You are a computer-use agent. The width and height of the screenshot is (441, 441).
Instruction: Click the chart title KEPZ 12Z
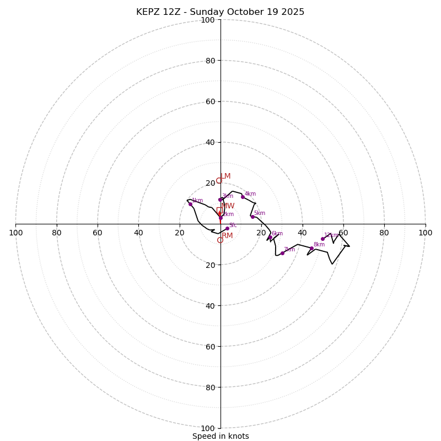tap(220, 12)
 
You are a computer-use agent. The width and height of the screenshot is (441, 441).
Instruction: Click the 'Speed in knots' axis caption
tap(220, 436)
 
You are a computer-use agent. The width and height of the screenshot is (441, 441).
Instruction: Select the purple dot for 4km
tap(243, 197)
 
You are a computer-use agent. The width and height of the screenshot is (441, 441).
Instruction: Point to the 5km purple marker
tap(252, 217)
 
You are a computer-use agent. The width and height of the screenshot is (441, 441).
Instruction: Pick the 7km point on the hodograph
tap(282, 253)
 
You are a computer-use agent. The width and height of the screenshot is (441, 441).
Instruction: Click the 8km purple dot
tap(311, 248)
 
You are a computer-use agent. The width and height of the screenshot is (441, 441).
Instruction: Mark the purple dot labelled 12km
tap(322, 239)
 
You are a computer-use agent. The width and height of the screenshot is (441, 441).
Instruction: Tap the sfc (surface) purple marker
tap(227, 228)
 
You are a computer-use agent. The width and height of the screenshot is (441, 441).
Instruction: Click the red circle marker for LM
tap(219, 180)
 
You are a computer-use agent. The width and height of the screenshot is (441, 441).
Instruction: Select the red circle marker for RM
tap(220, 240)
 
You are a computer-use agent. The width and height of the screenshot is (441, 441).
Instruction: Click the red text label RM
tap(227, 236)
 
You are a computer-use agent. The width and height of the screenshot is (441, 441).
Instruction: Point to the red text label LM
tap(225, 176)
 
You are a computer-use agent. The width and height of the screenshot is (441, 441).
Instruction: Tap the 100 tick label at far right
tap(426, 233)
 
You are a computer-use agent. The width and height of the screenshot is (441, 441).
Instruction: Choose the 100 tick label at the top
tap(208, 20)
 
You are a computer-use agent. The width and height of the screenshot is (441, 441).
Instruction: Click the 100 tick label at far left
tap(15, 233)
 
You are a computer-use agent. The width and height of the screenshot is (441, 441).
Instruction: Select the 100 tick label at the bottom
tap(208, 428)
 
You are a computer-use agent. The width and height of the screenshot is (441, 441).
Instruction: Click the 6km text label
tap(277, 234)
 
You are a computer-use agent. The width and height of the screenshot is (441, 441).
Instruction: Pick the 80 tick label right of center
tap(384, 233)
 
